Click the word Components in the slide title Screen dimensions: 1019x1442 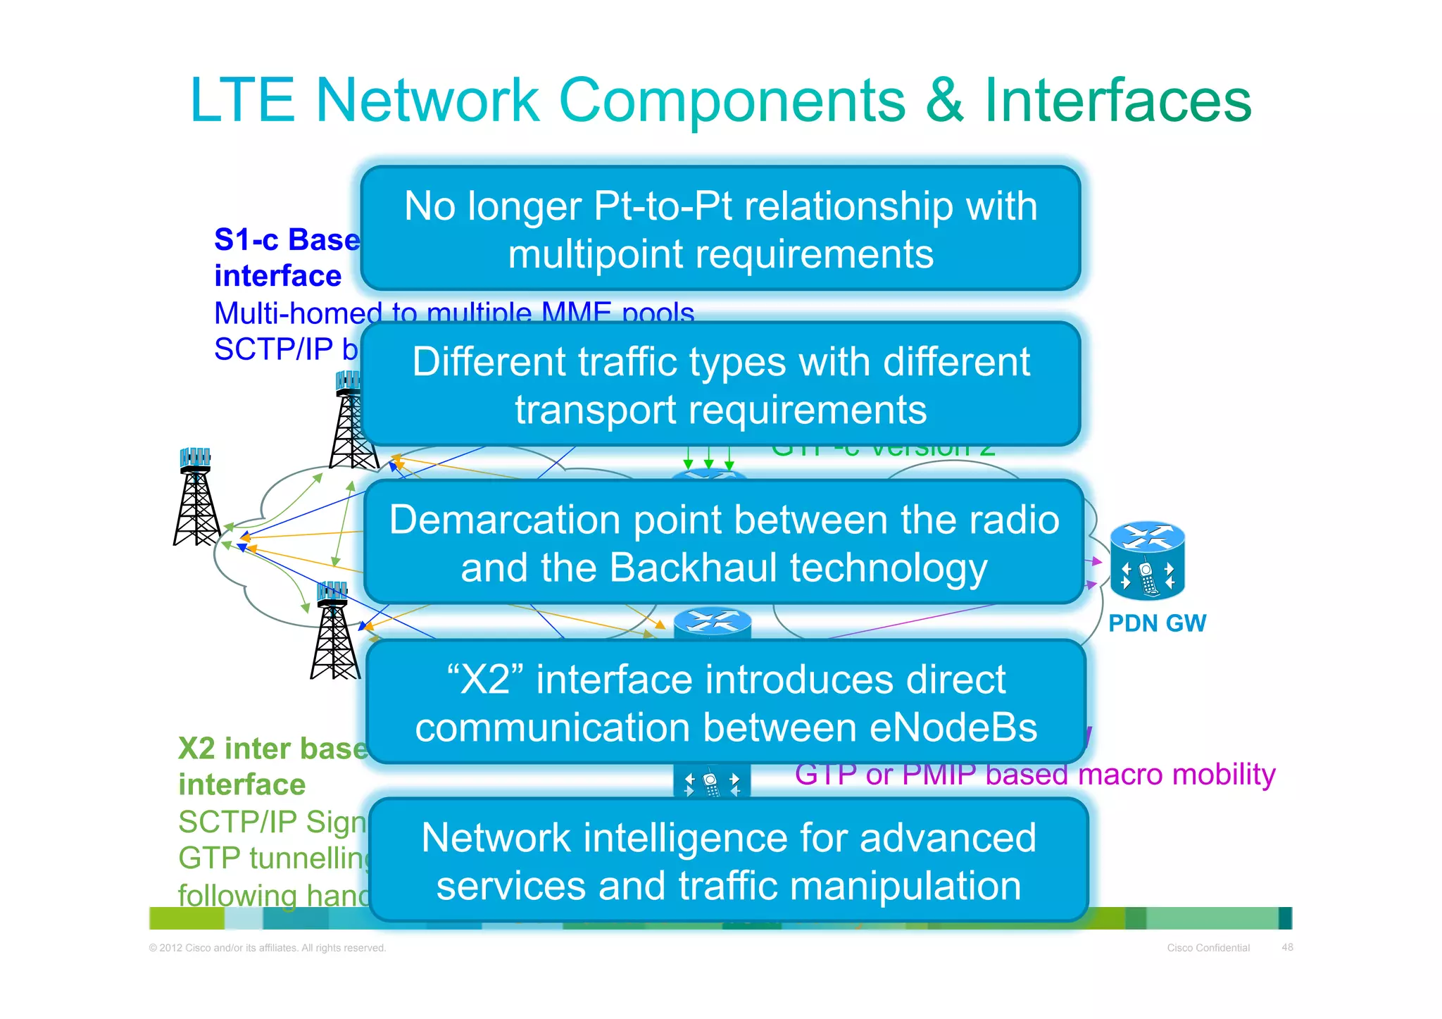732,101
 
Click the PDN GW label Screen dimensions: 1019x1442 1157,623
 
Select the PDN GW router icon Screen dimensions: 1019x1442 1147,561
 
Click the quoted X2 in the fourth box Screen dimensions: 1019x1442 486,680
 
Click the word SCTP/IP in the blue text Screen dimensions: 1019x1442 275,349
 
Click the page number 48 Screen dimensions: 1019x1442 1287,947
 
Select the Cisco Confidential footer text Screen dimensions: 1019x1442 1208,948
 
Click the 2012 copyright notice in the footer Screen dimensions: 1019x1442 268,948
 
